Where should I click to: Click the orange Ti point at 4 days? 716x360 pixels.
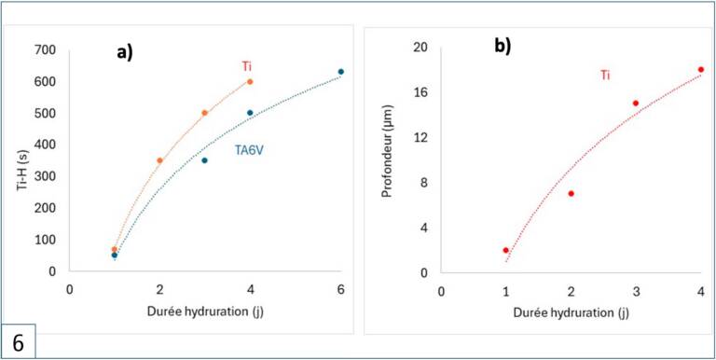coord(250,82)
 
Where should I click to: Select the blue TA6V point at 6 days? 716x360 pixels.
coord(340,72)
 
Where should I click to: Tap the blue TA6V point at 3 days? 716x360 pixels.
coord(204,160)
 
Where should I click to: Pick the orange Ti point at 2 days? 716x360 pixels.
coord(159,160)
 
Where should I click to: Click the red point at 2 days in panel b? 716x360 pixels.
coord(571,194)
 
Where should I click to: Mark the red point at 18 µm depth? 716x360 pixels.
coord(701,69)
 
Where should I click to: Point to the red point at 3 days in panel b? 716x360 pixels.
coord(636,104)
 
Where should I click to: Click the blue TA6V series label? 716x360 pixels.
coord(250,150)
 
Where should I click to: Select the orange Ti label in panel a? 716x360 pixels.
coord(246,67)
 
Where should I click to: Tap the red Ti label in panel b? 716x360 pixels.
coord(605,76)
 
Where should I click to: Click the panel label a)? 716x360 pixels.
coord(124,53)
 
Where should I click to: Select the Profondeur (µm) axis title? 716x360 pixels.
coord(387,151)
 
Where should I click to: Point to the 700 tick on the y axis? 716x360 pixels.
coord(45,49)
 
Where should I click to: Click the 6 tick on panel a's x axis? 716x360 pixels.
coord(340,290)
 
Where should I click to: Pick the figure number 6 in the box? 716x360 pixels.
coord(18,343)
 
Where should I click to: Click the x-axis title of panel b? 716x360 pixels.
coord(571,313)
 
